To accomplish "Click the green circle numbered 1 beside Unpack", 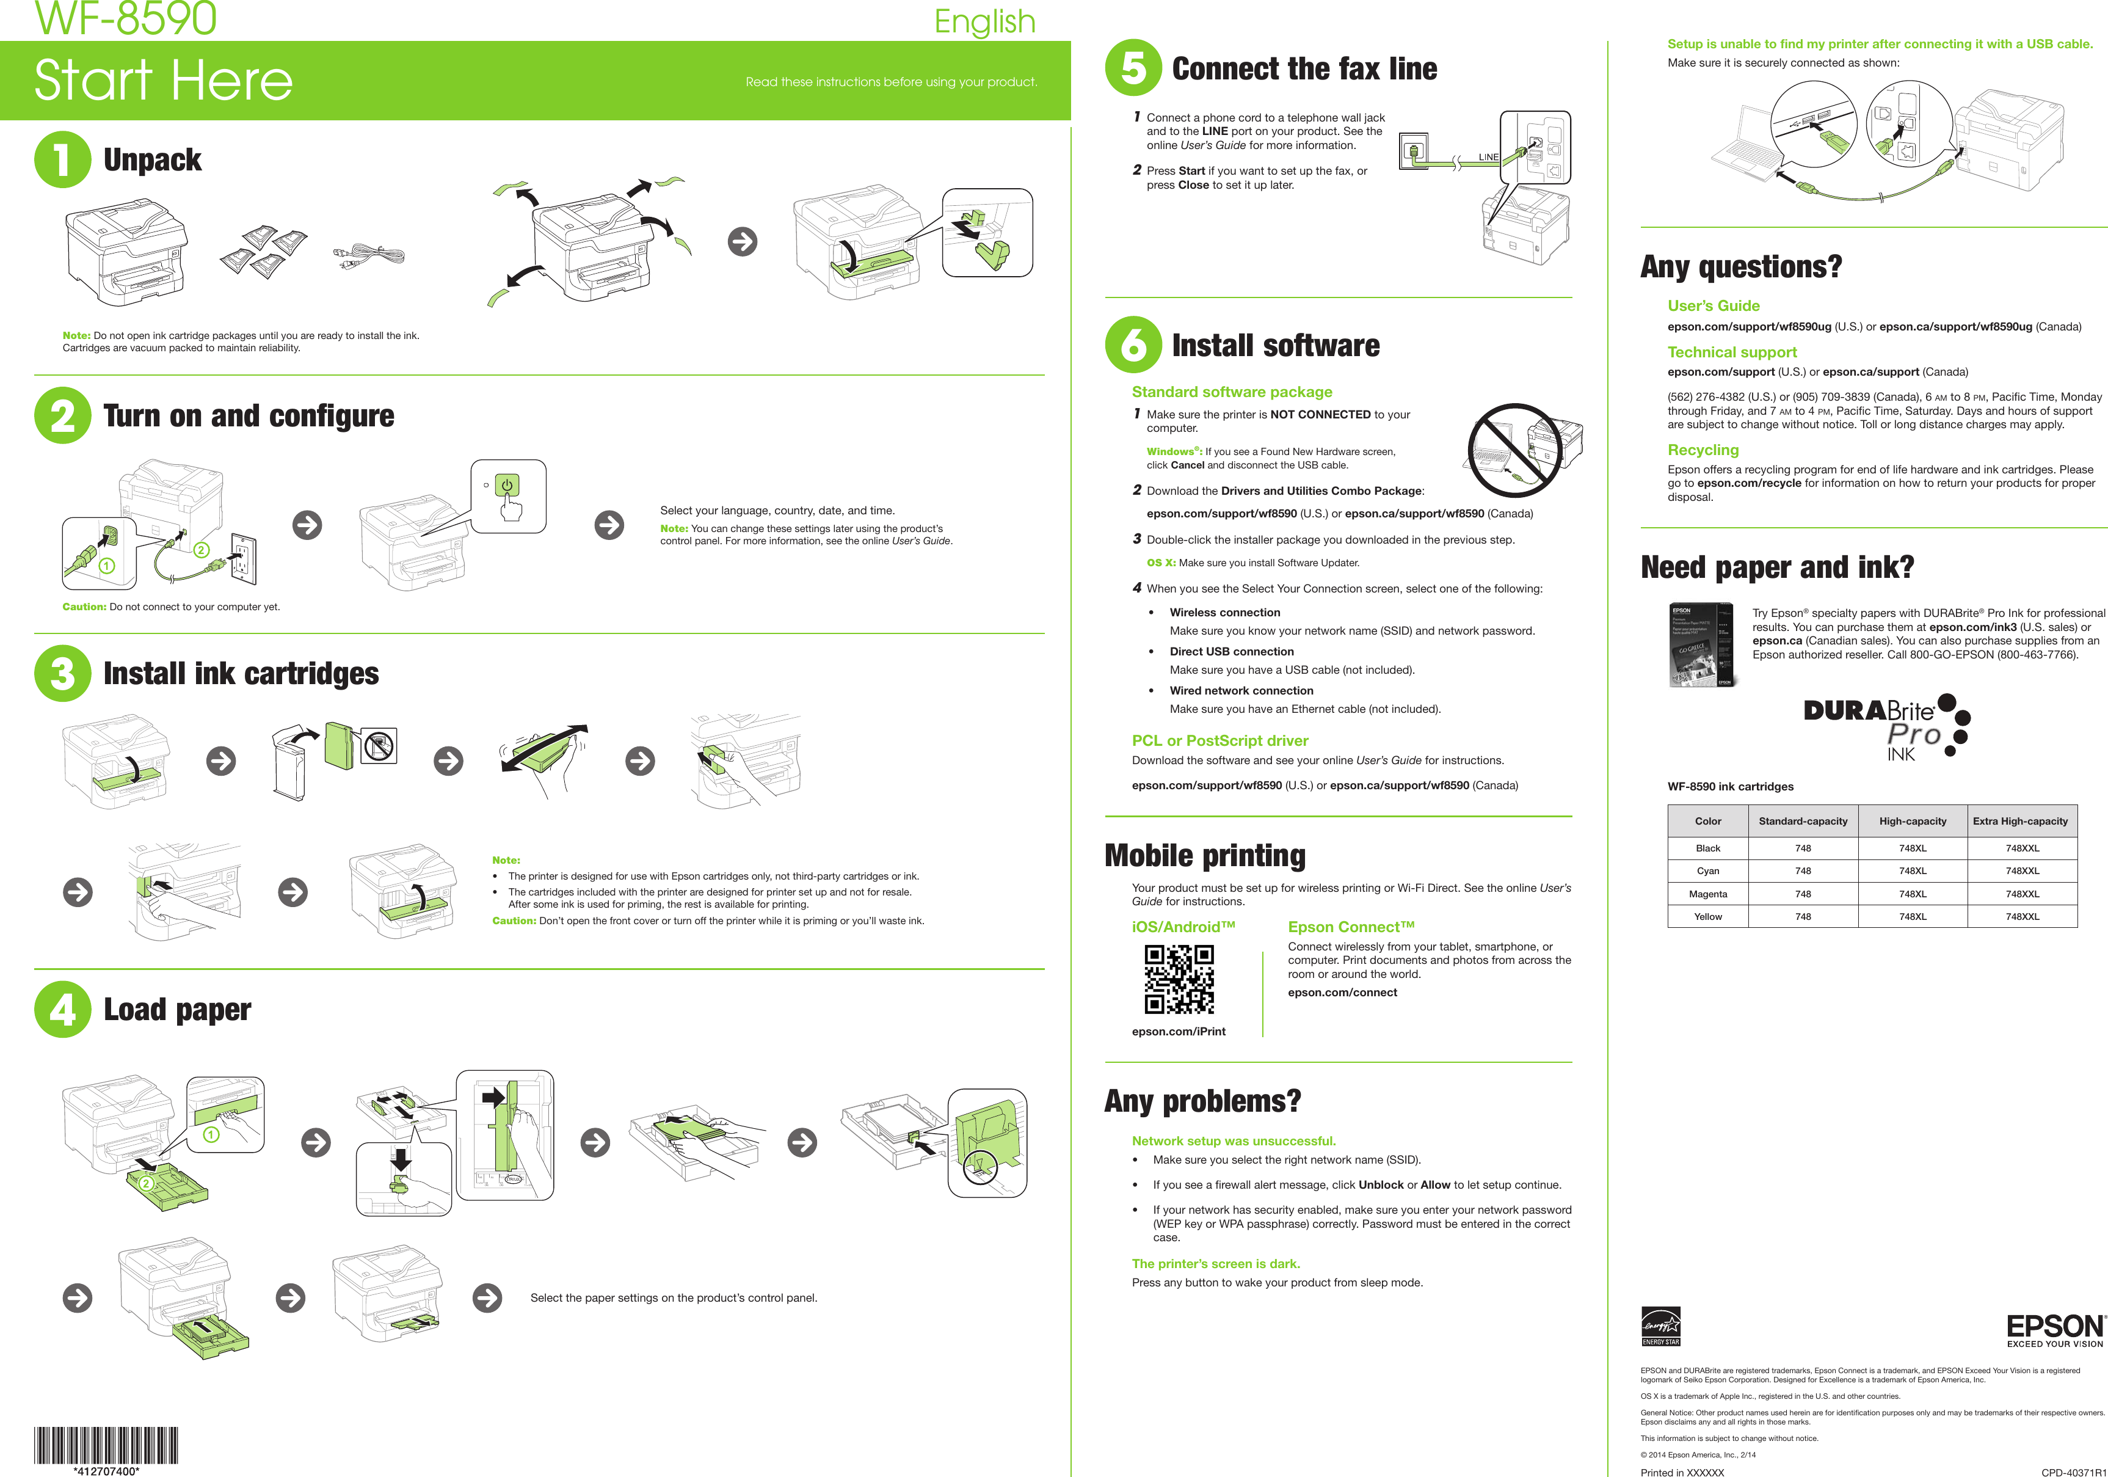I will coord(62,160).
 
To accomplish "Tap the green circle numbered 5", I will coord(1133,68).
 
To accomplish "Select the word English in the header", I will coord(984,21).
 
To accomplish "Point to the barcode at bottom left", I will coord(106,1444).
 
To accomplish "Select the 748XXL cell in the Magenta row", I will coord(2022,894).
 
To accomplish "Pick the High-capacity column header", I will coord(1913,821).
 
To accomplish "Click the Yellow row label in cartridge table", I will coord(1707,917).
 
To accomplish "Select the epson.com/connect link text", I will coord(1342,992).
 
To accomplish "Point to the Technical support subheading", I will coord(1732,352).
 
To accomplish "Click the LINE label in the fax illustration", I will coord(1488,157).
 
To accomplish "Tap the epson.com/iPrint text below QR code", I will coord(1178,1032).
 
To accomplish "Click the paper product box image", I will coord(1700,645).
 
